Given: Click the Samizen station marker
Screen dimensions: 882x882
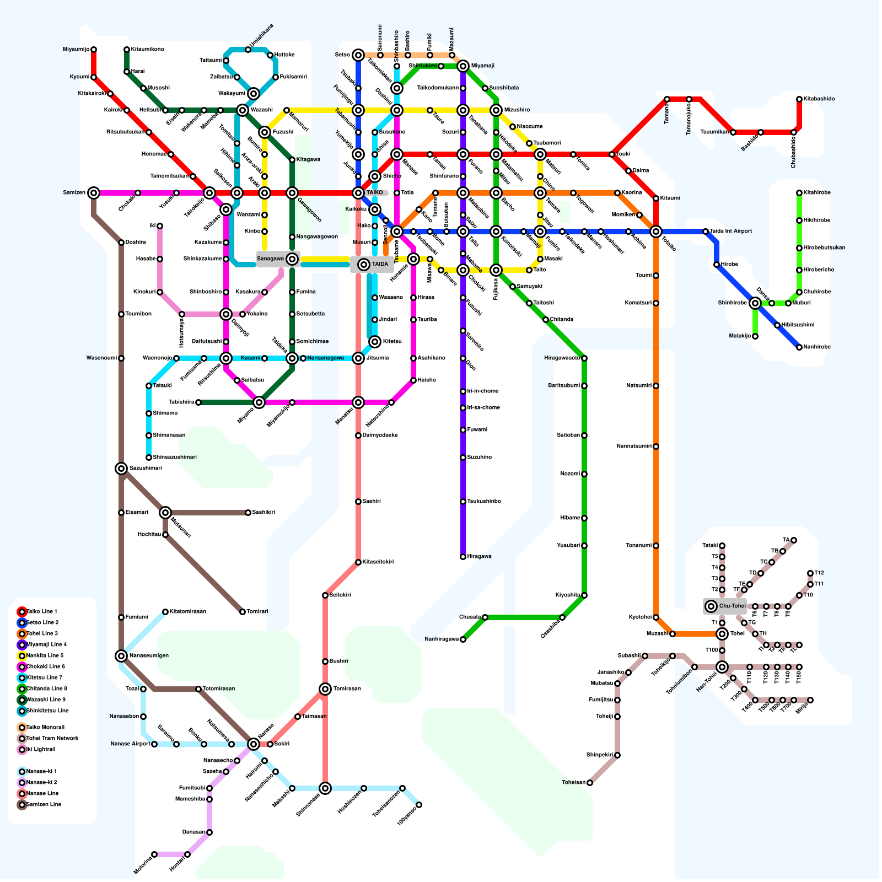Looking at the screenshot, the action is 94,193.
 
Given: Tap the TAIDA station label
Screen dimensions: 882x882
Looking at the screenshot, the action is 380,265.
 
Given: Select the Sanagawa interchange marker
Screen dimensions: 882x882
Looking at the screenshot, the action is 292,259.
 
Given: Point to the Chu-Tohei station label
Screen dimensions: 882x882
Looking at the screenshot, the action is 732,606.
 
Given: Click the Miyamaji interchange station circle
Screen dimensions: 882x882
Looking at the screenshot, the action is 463,66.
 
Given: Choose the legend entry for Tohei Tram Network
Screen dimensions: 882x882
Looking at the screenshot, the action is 52,739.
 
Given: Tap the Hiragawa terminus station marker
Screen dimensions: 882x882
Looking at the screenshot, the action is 463,557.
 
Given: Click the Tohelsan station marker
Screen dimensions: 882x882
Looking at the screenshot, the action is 590,783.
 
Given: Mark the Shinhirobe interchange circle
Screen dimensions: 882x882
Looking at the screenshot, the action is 755,303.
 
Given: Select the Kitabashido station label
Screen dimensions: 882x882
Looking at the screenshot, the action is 819,99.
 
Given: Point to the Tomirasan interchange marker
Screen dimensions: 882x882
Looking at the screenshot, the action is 325,689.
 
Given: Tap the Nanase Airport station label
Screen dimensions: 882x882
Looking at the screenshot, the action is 130,744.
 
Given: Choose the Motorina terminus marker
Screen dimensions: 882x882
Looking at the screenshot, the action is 154,854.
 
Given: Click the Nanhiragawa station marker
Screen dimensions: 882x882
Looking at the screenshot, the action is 463,639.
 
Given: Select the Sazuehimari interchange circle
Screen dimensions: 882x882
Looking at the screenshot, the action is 121,469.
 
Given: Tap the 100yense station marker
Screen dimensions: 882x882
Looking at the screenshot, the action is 419,805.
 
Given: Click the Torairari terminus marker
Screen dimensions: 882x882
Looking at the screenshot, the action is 243,612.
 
